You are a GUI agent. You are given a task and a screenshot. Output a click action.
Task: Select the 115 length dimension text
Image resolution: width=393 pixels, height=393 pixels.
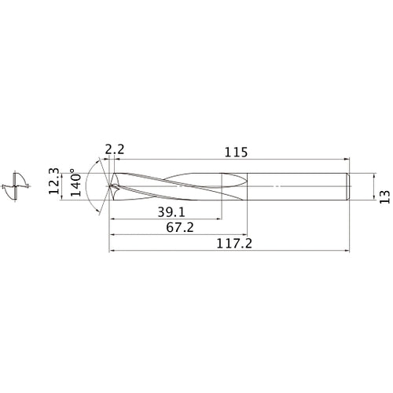[x=231, y=150]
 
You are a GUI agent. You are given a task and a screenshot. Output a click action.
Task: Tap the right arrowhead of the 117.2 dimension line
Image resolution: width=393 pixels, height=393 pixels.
[x=347, y=252]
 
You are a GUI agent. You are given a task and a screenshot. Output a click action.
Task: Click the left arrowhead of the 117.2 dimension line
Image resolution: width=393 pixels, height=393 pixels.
[x=111, y=252]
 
